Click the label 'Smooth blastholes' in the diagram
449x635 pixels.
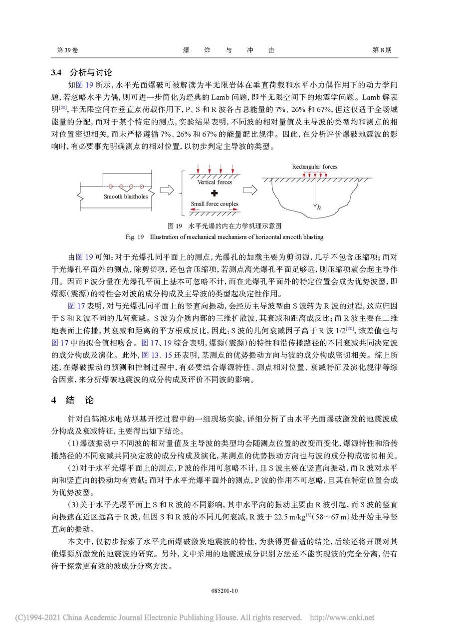pyautogui.click(x=126, y=197)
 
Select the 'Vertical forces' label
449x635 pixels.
pyautogui.click(x=215, y=183)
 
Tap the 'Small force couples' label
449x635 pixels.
pyautogui.click(x=215, y=204)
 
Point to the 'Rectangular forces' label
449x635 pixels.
pyautogui.click(x=315, y=167)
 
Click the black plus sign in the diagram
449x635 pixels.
pyautogui.click(x=215, y=193)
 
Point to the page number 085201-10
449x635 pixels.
pyautogui.click(x=224, y=590)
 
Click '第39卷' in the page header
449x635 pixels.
pyautogui.click(x=67, y=50)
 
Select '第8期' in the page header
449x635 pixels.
pyautogui.click(x=382, y=50)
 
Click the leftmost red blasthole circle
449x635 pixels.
pyautogui.click(x=113, y=187)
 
